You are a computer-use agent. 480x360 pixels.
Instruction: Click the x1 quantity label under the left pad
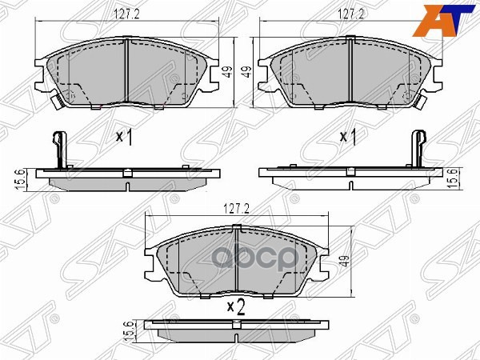123,137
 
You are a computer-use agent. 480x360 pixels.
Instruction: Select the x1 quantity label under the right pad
347,137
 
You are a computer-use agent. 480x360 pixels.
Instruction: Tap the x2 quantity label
234,305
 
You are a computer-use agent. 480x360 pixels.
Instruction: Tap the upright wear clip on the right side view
416,148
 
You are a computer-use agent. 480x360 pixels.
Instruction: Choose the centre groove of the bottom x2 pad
238,260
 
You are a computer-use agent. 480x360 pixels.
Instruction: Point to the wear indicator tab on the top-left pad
55,102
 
